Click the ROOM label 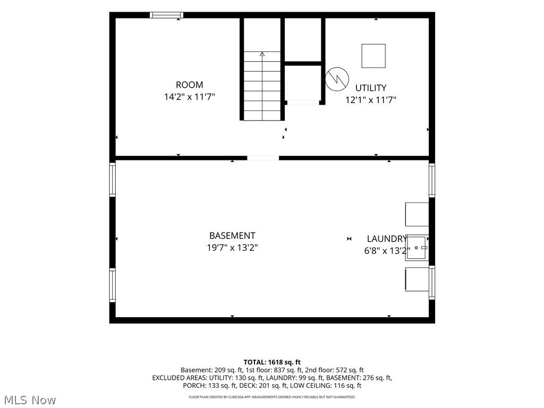click(190, 85)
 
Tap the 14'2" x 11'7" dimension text click(190, 97)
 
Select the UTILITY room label click(370, 88)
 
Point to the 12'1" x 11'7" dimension click(370, 100)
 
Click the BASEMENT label click(232, 235)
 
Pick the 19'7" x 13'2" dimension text click(232, 248)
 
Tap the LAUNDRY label click(387, 239)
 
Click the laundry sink click(416, 248)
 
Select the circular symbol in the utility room click(337, 79)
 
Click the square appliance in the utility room click(373, 56)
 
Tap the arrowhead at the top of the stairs click(262, 54)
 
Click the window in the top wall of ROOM click(166, 15)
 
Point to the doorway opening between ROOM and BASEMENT click(263, 158)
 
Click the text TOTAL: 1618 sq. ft click(272, 362)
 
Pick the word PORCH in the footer click(193, 386)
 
